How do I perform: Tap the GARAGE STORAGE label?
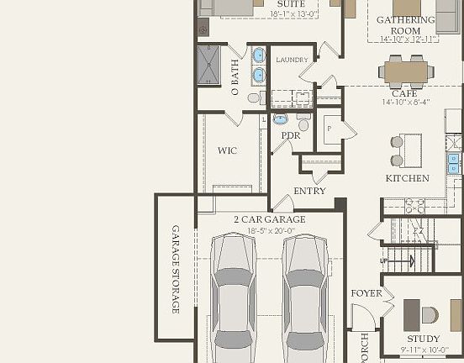point(176,269)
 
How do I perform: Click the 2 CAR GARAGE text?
point(270,219)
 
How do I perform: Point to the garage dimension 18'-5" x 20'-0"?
point(270,229)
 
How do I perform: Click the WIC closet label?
point(227,151)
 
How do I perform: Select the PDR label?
point(291,135)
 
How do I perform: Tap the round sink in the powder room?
point(280,119)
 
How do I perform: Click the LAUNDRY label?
point(292,60)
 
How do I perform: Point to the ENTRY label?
point(309,191)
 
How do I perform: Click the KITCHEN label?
point(407,178)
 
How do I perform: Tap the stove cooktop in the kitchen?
point(414,206)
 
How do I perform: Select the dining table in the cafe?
point(406,71)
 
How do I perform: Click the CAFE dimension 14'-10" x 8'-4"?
point(406,102)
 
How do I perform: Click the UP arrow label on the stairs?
point(385,260)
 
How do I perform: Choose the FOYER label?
point(366,293)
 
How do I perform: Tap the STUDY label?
point(424,339)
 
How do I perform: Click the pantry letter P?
point(328,129)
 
